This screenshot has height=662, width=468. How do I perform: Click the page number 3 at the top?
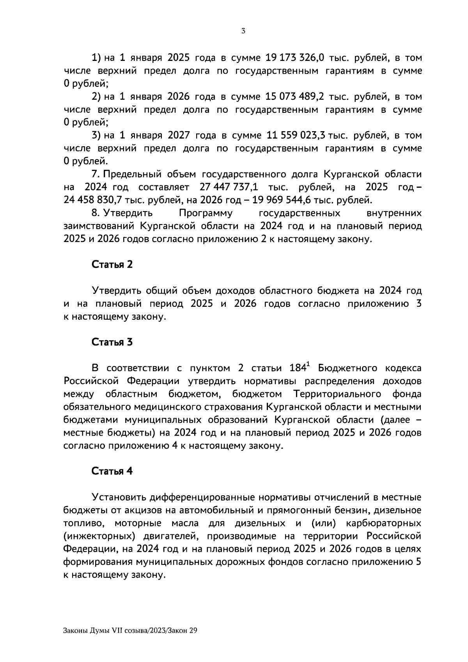pos(243,31)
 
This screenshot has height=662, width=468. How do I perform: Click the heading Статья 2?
pos(112,264)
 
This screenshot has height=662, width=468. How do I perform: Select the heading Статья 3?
pos(112,342)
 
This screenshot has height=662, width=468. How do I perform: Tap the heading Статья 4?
pos(112,471)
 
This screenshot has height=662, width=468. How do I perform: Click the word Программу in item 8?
pos(206,213)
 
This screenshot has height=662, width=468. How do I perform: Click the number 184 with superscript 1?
pos(300,368)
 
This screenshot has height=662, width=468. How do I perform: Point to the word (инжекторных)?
pos(97,536)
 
